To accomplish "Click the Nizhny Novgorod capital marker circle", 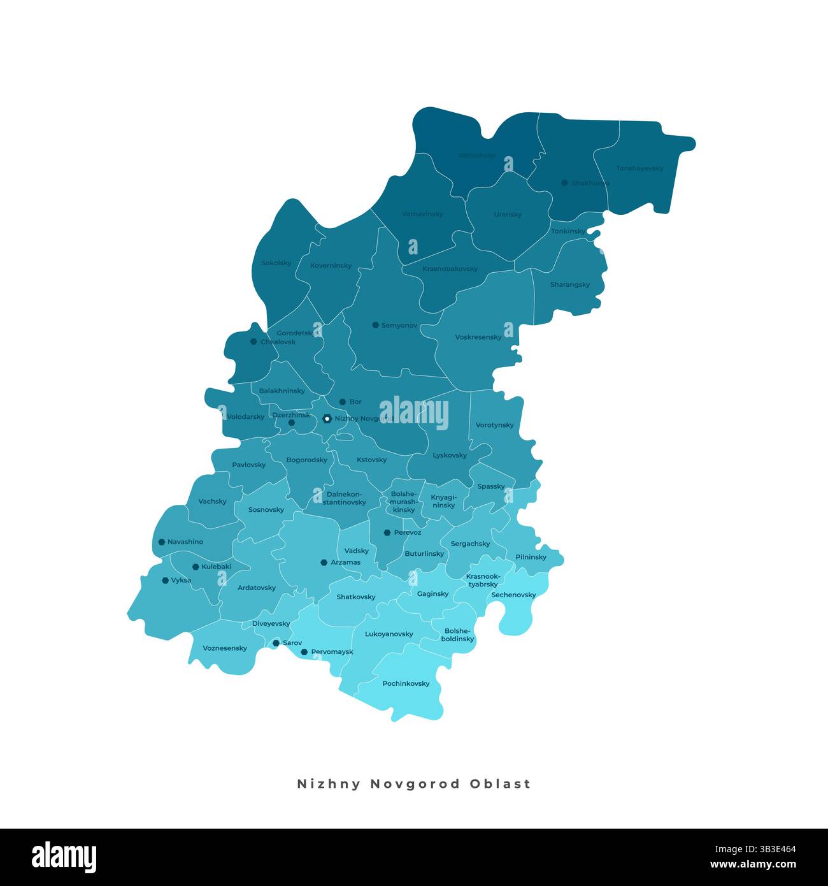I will tap(327, 419).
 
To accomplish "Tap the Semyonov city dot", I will tap(376, 325).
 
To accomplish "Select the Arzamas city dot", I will tap(324, 562).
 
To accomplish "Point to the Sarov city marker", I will tap(276, 643).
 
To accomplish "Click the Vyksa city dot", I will tap(166, 581).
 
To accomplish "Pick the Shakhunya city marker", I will tap(564, 183).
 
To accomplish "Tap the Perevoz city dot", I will tap(387, 532).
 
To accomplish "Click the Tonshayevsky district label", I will tap(639, 169).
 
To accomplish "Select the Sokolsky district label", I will tap(276, 263).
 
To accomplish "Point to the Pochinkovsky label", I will tap(406, 684).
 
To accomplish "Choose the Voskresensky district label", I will tap(478, 337).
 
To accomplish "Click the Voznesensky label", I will tap(225, 648).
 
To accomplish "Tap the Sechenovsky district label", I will tap(513, 595).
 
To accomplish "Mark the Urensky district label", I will tap(508, 215).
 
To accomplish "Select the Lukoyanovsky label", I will tap(389, 634).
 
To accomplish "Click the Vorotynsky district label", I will tap(494, 425).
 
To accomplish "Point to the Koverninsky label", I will tap(331, 266).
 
